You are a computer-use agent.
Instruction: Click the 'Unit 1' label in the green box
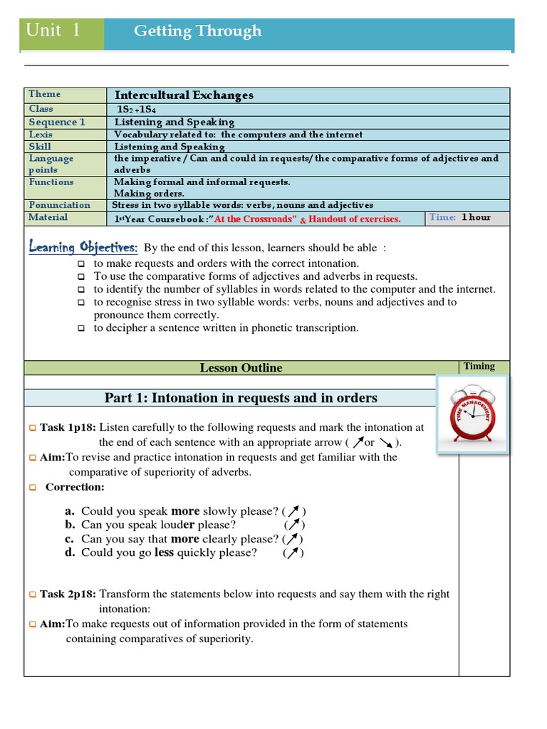click(53, 31)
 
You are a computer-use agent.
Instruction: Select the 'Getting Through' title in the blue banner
click(197, 31)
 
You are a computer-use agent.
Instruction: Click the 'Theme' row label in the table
click(44, 94)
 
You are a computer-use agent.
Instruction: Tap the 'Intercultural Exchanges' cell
click(184, 95)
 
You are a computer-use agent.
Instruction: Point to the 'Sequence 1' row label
click(56, 122)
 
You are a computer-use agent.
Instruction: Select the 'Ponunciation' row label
click(59, 205)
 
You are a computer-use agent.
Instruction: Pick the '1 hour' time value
click(476, 217)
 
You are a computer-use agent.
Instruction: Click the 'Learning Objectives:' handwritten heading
click(83, 247)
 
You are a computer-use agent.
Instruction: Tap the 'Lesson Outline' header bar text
click(241, 368)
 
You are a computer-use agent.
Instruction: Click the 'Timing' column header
click(479, 366)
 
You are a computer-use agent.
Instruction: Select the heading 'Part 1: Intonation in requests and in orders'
click(241, 398)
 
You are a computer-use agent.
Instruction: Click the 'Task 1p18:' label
click(68, 428)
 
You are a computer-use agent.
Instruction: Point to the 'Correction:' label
click(74, 488)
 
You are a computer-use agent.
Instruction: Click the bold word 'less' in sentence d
click(164, 552)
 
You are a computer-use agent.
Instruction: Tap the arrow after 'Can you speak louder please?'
click(293, 525)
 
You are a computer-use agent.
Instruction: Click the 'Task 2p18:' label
click(68, 594)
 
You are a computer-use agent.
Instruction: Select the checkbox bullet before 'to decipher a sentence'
click(81, 328)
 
